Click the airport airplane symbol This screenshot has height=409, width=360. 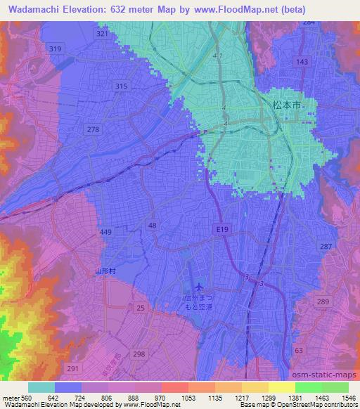coord(200,287)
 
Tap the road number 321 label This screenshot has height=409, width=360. coord(103,34)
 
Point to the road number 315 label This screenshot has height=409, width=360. coord(122,86)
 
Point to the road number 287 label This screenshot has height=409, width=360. coord(326,247)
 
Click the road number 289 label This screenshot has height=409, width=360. coord(322,301)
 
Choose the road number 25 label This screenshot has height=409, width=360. coord(141,309)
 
